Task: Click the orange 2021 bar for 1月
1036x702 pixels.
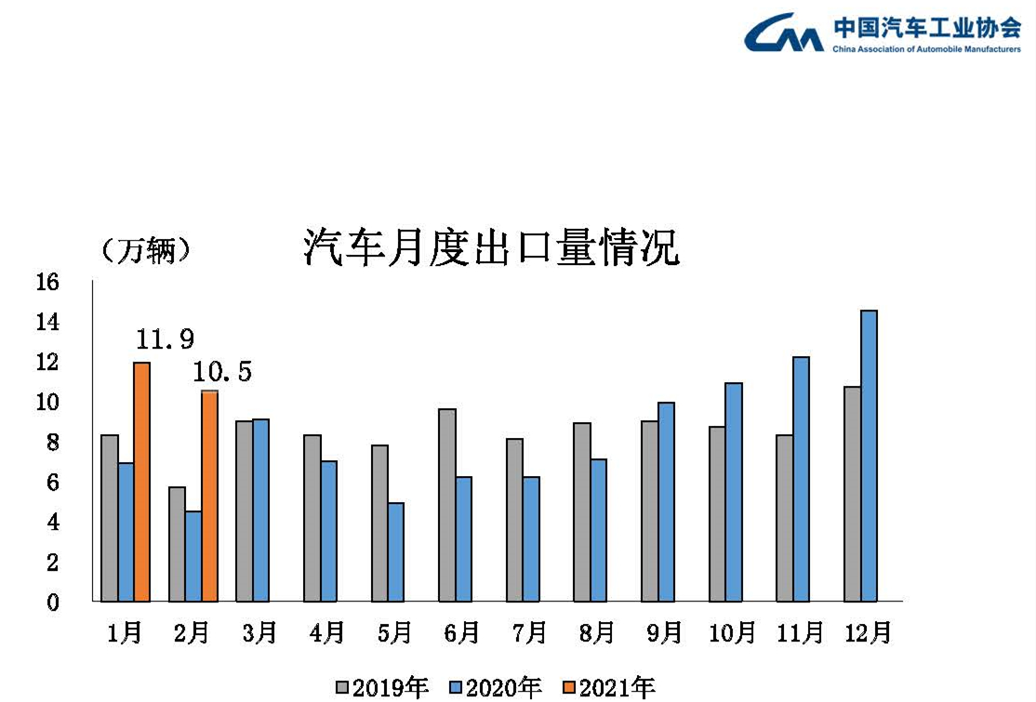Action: [x=142, y=482]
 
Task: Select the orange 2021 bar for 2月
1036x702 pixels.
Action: [x=209, y=496]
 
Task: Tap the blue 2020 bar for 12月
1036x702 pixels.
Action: [x=869, y=456]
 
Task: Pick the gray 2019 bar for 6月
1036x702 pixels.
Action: [x=447, y=505]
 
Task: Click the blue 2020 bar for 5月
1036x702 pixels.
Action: [x=396, y=551]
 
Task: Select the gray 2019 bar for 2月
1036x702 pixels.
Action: [x=177, y=544]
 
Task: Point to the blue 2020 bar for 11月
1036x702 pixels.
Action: [x=802, y=479]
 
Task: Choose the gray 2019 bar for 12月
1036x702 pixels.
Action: [x=852, y=494]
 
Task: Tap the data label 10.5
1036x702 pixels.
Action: [x=222, y=373]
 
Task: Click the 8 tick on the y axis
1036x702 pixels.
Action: [x=52, y=443]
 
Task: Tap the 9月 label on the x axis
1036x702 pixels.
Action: [x=665, y=633]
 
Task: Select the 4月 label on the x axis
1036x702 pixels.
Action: [x=327, y=633]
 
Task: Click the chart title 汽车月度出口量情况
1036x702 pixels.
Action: [x=491, y=249]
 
